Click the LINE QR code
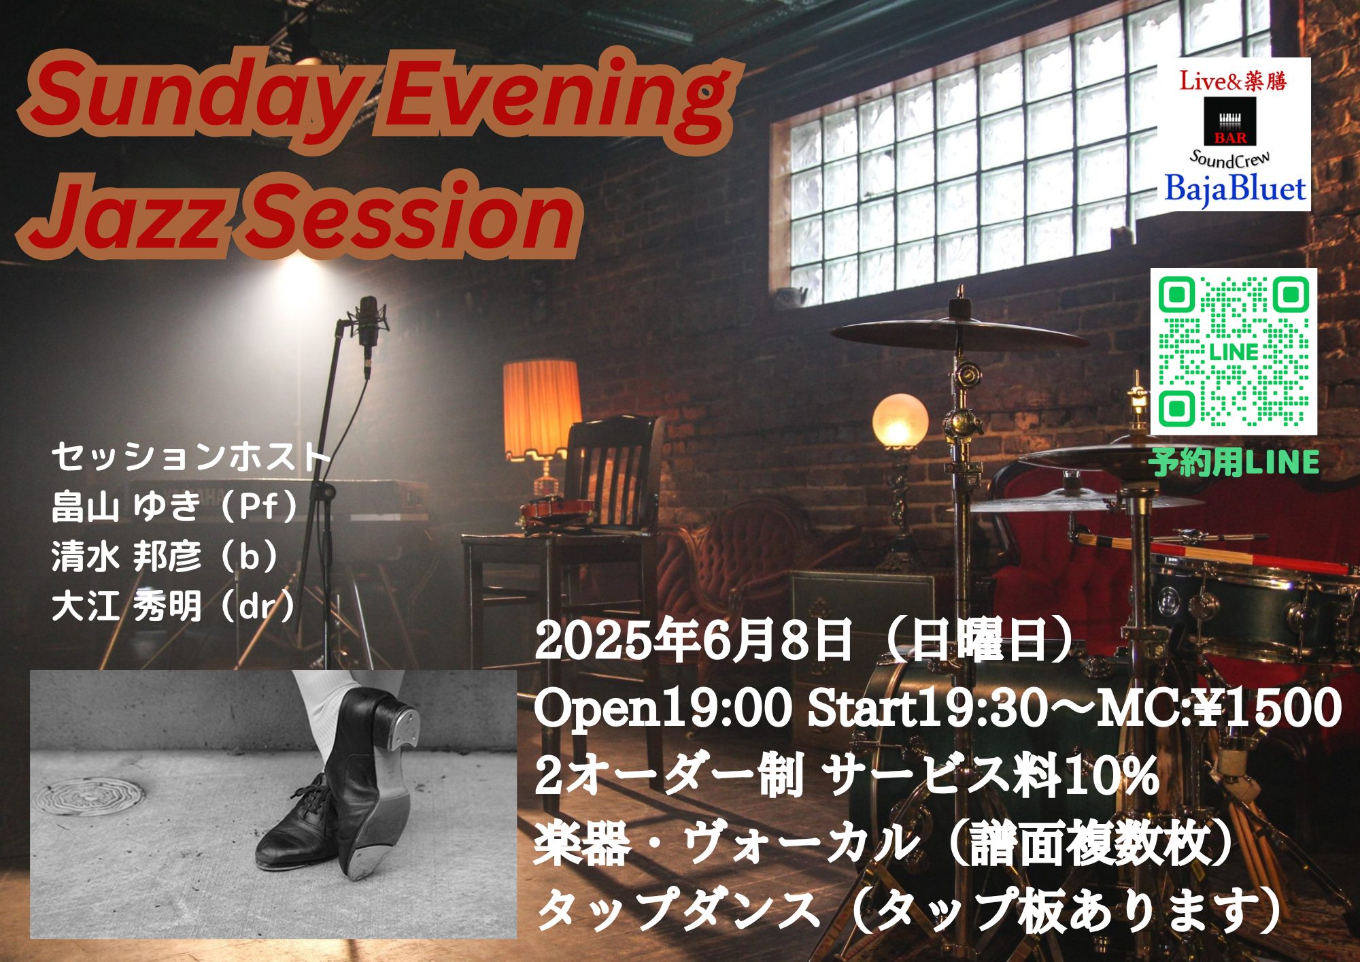coord(1234,352)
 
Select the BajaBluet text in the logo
coord(1235,188)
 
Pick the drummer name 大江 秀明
coord(126,607)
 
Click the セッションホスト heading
coord(190,457)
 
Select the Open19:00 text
coord(663,708)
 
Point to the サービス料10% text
coord(993,776)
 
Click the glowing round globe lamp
coord(900,420)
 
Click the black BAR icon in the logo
coord(1230,121)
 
